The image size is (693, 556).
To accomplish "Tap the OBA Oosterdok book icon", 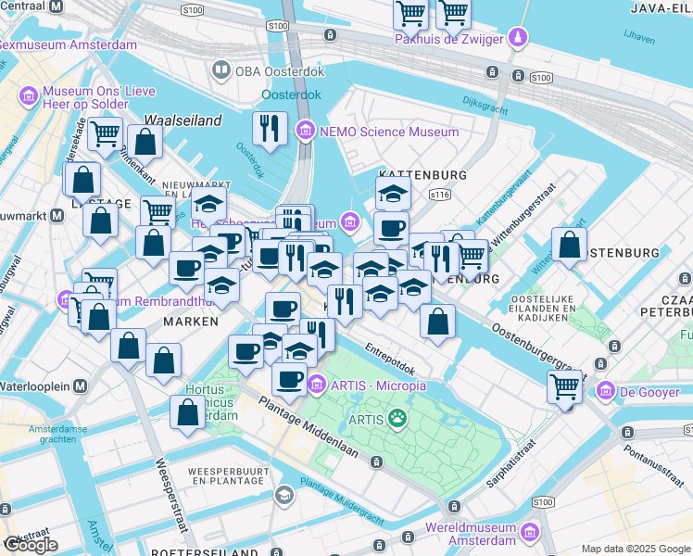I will tap(221, 69).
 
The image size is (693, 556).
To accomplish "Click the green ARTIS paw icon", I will tap(397, 420).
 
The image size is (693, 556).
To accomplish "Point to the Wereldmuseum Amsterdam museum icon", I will tap(530, 533).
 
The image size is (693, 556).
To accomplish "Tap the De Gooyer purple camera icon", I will tap(607, 391).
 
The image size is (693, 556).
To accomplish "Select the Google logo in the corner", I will tap(31, 544).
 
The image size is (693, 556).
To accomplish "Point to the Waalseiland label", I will tap(183, 120).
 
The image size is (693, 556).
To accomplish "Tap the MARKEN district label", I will tap(190, 321).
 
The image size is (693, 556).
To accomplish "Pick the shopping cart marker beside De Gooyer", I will tap(564, 385).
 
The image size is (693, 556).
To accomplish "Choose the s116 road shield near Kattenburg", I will tap(439, 195).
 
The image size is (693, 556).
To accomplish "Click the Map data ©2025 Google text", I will tap(635, 549).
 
